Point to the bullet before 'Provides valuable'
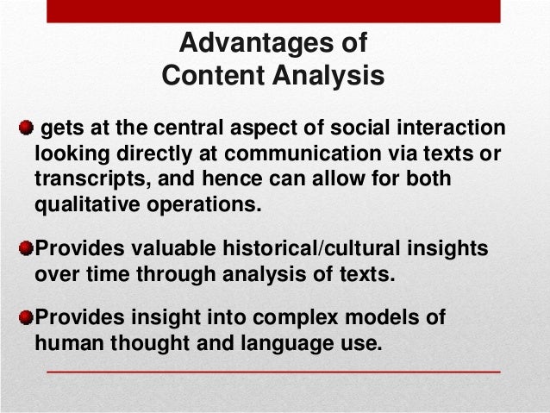[27, 249]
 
